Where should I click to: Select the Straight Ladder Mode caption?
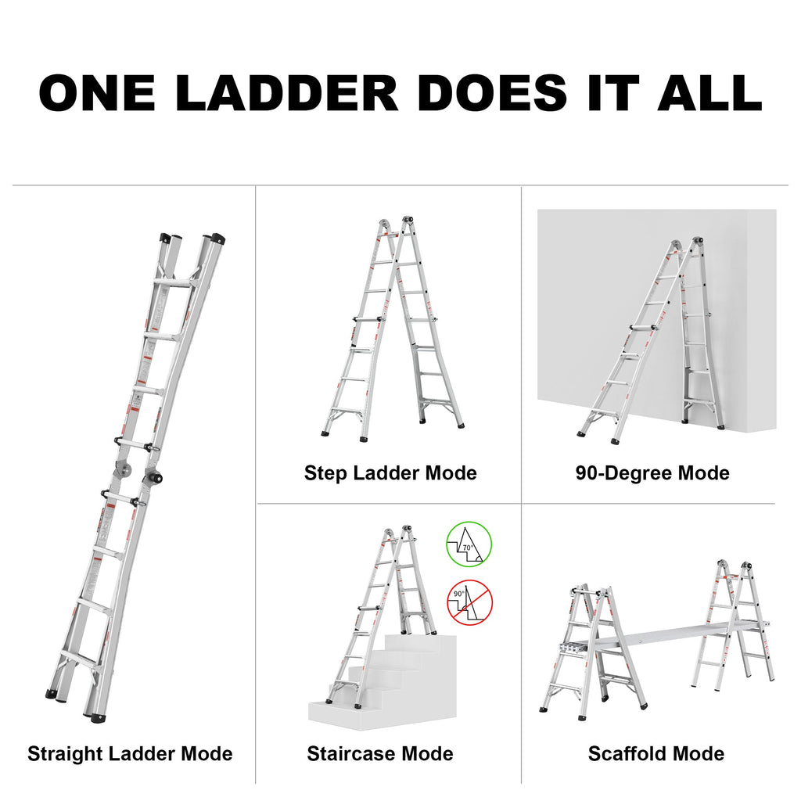130,754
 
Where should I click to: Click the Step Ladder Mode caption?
390,473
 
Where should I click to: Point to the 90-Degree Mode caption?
652,473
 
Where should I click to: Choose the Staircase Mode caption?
380,754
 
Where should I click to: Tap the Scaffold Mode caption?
656,754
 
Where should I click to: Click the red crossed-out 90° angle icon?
469,602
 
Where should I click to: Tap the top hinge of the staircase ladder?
397,533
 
